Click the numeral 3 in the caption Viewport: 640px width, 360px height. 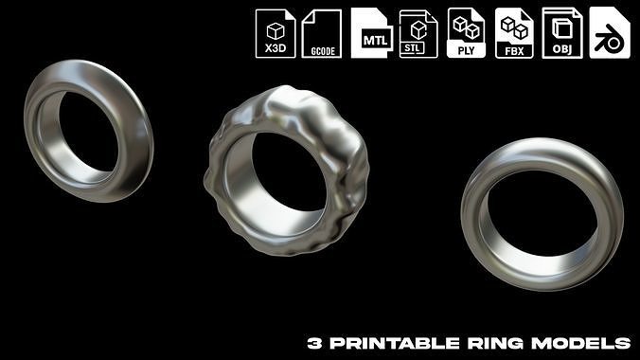pyautogui.click(x=313, y=342)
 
